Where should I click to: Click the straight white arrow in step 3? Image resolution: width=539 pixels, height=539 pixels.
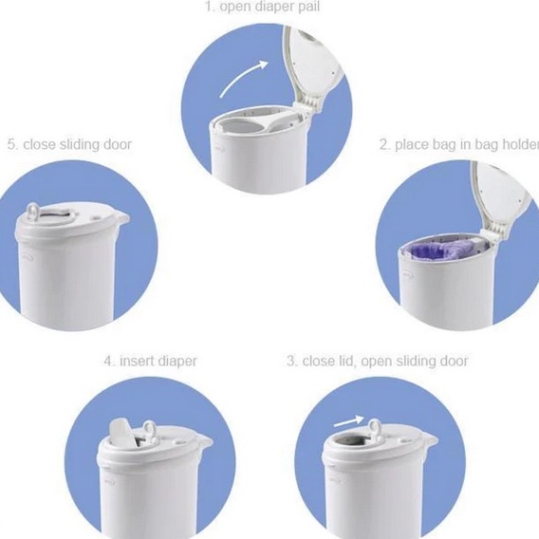(348, 421)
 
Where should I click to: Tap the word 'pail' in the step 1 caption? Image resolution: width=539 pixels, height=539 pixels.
(309, 7)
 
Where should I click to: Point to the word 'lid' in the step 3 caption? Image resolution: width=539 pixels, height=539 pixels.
(347, 361)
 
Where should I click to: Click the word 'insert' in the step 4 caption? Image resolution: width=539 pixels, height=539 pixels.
(138, 361)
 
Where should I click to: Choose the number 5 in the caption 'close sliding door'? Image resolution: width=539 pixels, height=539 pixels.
(12, 144)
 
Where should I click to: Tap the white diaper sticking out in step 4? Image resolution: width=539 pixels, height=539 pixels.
(123, 433)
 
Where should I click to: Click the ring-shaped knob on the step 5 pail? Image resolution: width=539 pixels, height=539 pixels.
(34, 211)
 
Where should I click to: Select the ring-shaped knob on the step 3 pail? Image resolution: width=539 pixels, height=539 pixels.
(375, 427)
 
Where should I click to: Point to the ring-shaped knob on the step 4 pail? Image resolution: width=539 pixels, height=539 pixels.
(150, 430)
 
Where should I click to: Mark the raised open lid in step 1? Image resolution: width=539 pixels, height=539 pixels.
(313, 62)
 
